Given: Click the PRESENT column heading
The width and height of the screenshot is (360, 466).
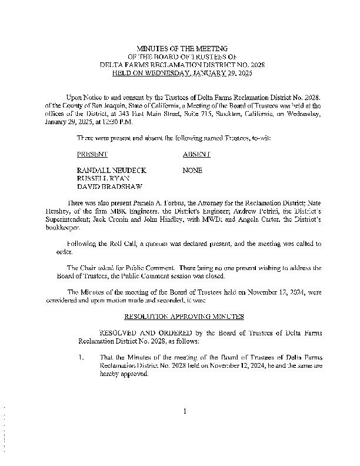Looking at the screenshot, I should pyautogui.click(x=92, y=154).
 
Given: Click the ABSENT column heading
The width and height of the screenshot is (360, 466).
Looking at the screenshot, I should pyautogui.click(x=197, y=154).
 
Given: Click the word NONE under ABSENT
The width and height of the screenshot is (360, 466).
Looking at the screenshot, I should pyautogui.click(x=192, y=170).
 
